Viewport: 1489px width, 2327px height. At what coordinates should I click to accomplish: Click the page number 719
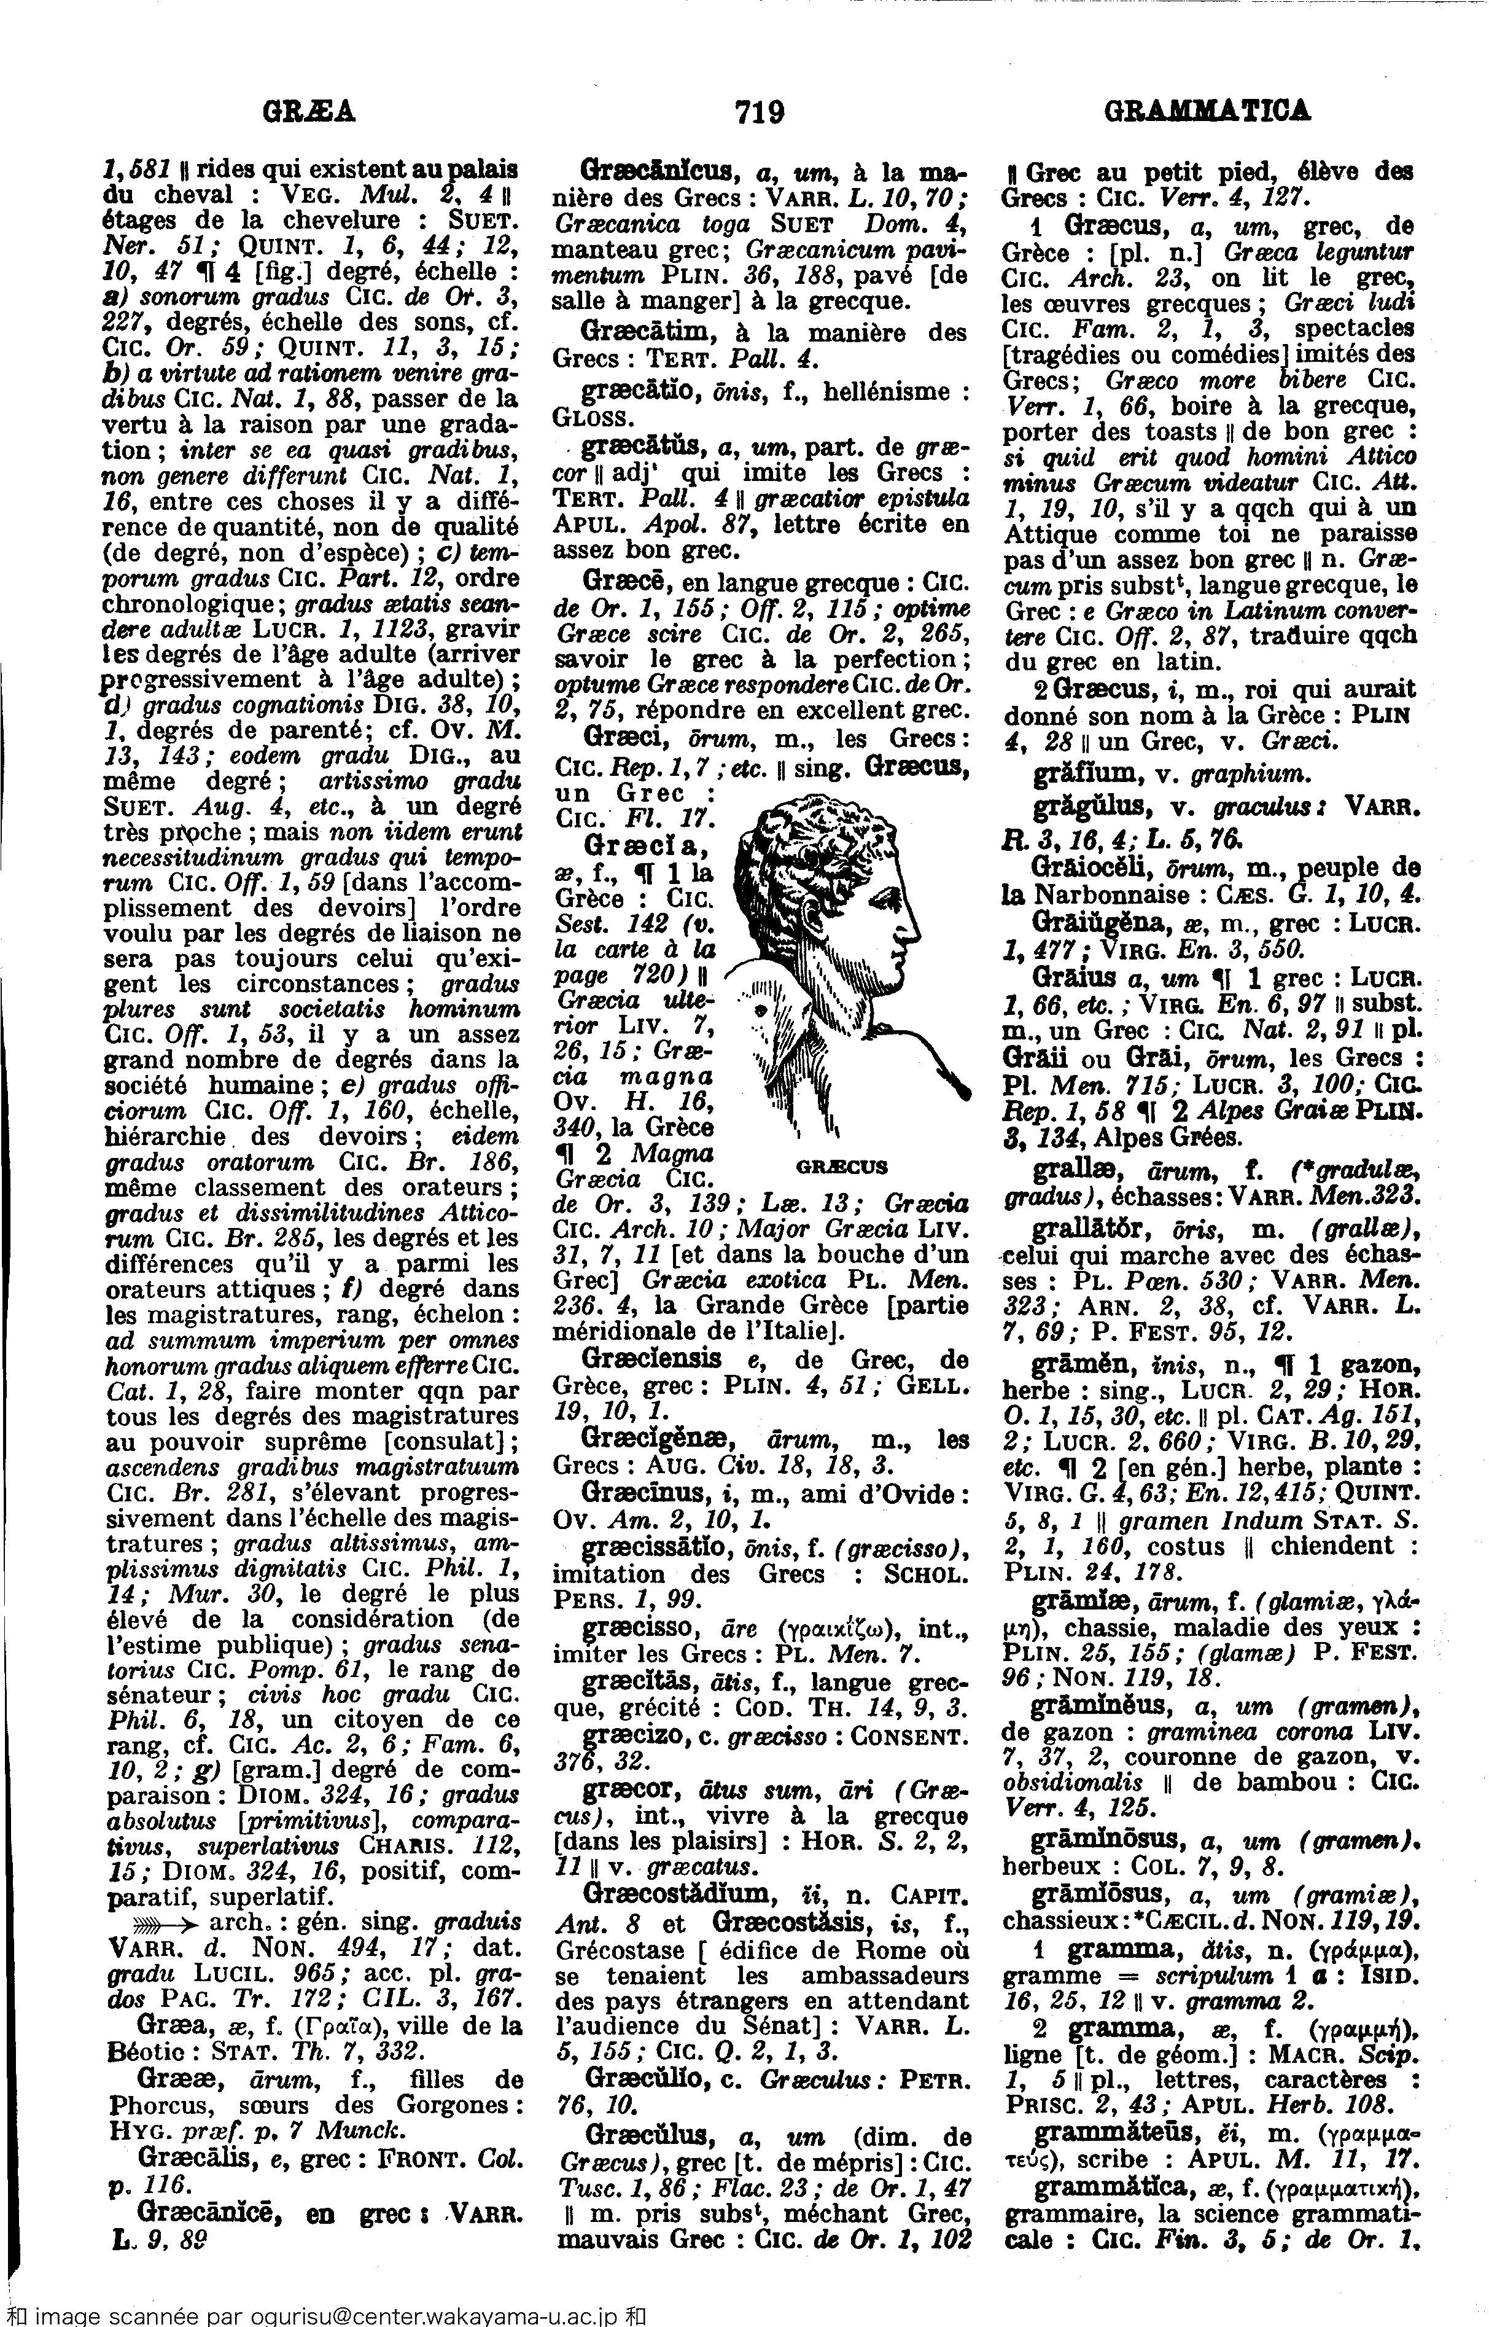tap(758, 113)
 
